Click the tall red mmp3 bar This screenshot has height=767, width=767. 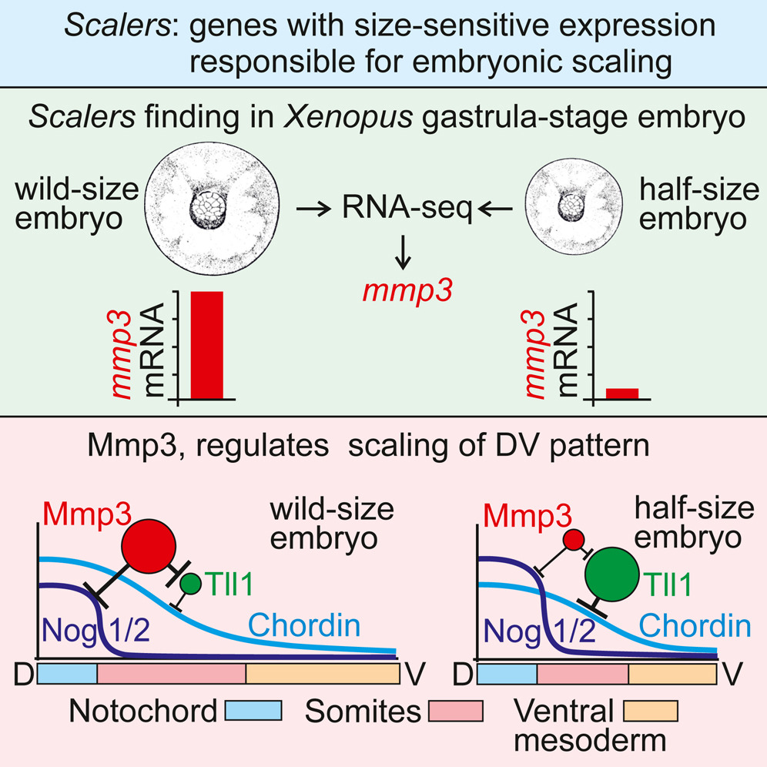[x=206, y=347]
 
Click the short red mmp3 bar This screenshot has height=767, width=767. [x=622, y=394]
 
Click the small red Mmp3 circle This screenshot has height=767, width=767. [x=571, y=541]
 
